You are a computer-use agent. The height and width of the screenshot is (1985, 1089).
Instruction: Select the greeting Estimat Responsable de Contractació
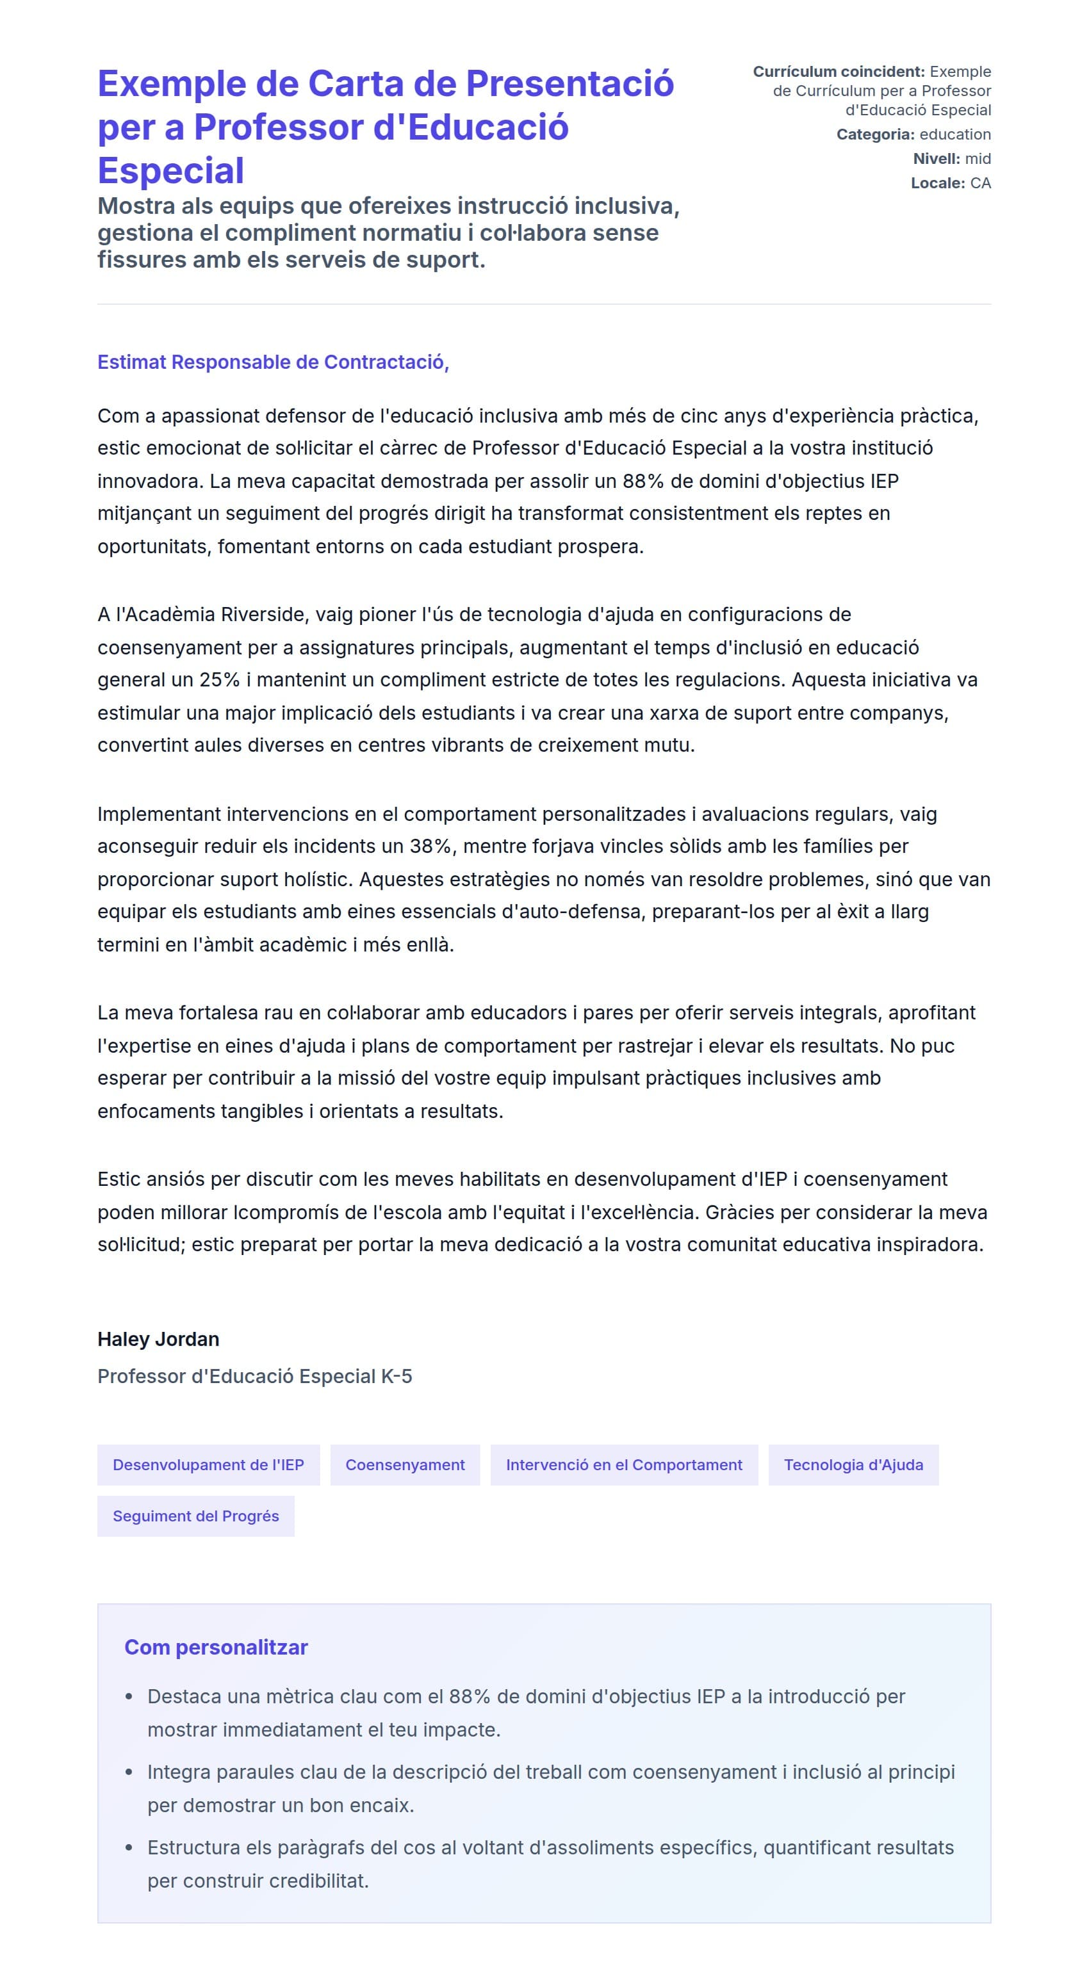tap(273, 362)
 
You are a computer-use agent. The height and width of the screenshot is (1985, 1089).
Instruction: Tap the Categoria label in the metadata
tap(876, 134)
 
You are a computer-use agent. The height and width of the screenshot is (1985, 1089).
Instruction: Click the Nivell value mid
tap(978, 159)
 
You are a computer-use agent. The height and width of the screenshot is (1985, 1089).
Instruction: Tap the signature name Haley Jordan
tap(158, 1340)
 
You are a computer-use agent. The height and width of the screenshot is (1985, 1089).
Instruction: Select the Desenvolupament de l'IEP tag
tap(208, 1465)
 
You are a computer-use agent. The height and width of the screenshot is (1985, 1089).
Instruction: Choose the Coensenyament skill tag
tap(405, 1465)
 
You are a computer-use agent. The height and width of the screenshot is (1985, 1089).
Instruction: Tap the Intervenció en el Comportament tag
tap(623, 1465)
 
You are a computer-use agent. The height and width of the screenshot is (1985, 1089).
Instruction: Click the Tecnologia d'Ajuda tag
tap(853, 1465)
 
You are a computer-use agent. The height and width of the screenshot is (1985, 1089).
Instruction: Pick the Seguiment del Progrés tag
tap(196, 1516)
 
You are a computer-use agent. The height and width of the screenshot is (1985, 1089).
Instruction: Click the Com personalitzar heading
tap(216, 1648)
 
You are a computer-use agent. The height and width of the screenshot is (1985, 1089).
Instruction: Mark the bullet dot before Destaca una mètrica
tap(129, 1697)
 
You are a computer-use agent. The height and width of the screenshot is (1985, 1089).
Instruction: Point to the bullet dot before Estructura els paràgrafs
tap(129, 1848)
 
